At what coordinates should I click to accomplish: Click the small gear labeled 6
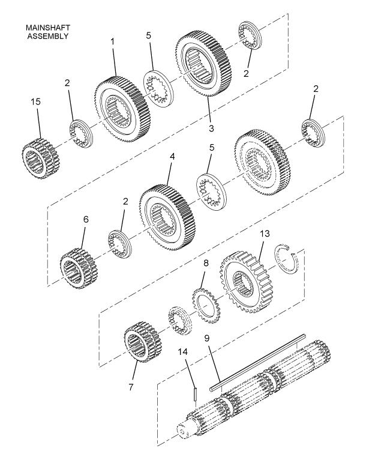coord(77,264)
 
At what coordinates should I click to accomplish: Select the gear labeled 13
coord(243,282)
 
